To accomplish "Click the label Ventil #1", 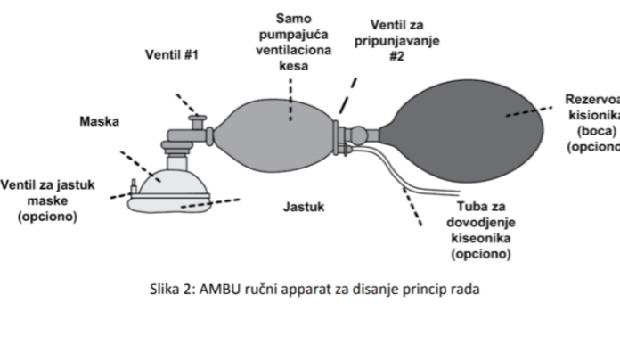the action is pos(172,54).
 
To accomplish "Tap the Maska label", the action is pos(99,121).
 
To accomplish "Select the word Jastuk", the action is pos(304,207).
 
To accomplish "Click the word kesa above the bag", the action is pos(293,66).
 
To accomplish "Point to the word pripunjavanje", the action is pos(397,41).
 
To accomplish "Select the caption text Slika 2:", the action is pos(173,290).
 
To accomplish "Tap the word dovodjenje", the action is pos(481,223).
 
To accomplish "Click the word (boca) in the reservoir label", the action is pos(597,131).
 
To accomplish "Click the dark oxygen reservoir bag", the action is pos(467,131).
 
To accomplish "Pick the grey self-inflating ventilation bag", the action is pos(273,135).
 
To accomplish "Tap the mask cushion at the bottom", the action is pos(169,205).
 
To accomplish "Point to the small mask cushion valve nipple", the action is pos(134,186).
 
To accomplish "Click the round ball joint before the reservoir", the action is pos(359,135).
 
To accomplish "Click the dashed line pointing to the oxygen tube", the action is pos(412,207).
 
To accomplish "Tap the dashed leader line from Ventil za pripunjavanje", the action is pos(348,95).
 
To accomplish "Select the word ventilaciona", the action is pos(293,50).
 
